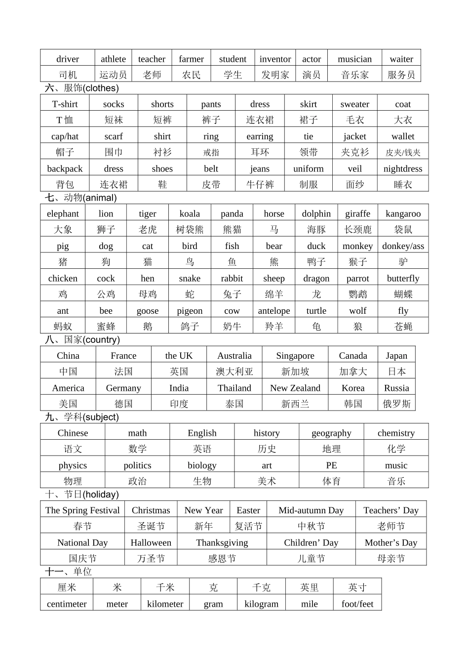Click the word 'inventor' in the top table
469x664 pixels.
(x=275, y=59)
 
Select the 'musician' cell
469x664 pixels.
(x=354, y=59)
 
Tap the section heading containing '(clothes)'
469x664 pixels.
(x=82, y=88)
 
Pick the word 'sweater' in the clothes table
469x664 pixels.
(x=354, y=104)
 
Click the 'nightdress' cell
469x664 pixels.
(x=403, y=169)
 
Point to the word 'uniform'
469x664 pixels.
(x=309, y=169)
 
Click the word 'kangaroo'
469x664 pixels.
(x=403, y=214)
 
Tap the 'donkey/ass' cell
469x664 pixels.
(x=403, y=246)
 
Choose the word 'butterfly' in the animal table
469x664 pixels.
(x=403, y=279)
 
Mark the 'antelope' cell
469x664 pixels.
(x=274, y=311)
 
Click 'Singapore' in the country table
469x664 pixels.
(x=295, y=356)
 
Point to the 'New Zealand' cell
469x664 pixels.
(x=295, y=388)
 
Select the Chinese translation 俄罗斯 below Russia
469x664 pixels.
(x=396, y=404)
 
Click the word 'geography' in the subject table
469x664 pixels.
(x=331, y=433)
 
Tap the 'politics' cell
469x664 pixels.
(x=137, y=466)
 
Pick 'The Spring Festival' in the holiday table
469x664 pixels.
(x=82, y=510)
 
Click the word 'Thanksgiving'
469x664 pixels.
(x=222, y=543)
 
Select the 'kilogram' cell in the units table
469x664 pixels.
(x=261, y=604)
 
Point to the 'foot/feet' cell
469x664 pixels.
(x=357, y=604)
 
